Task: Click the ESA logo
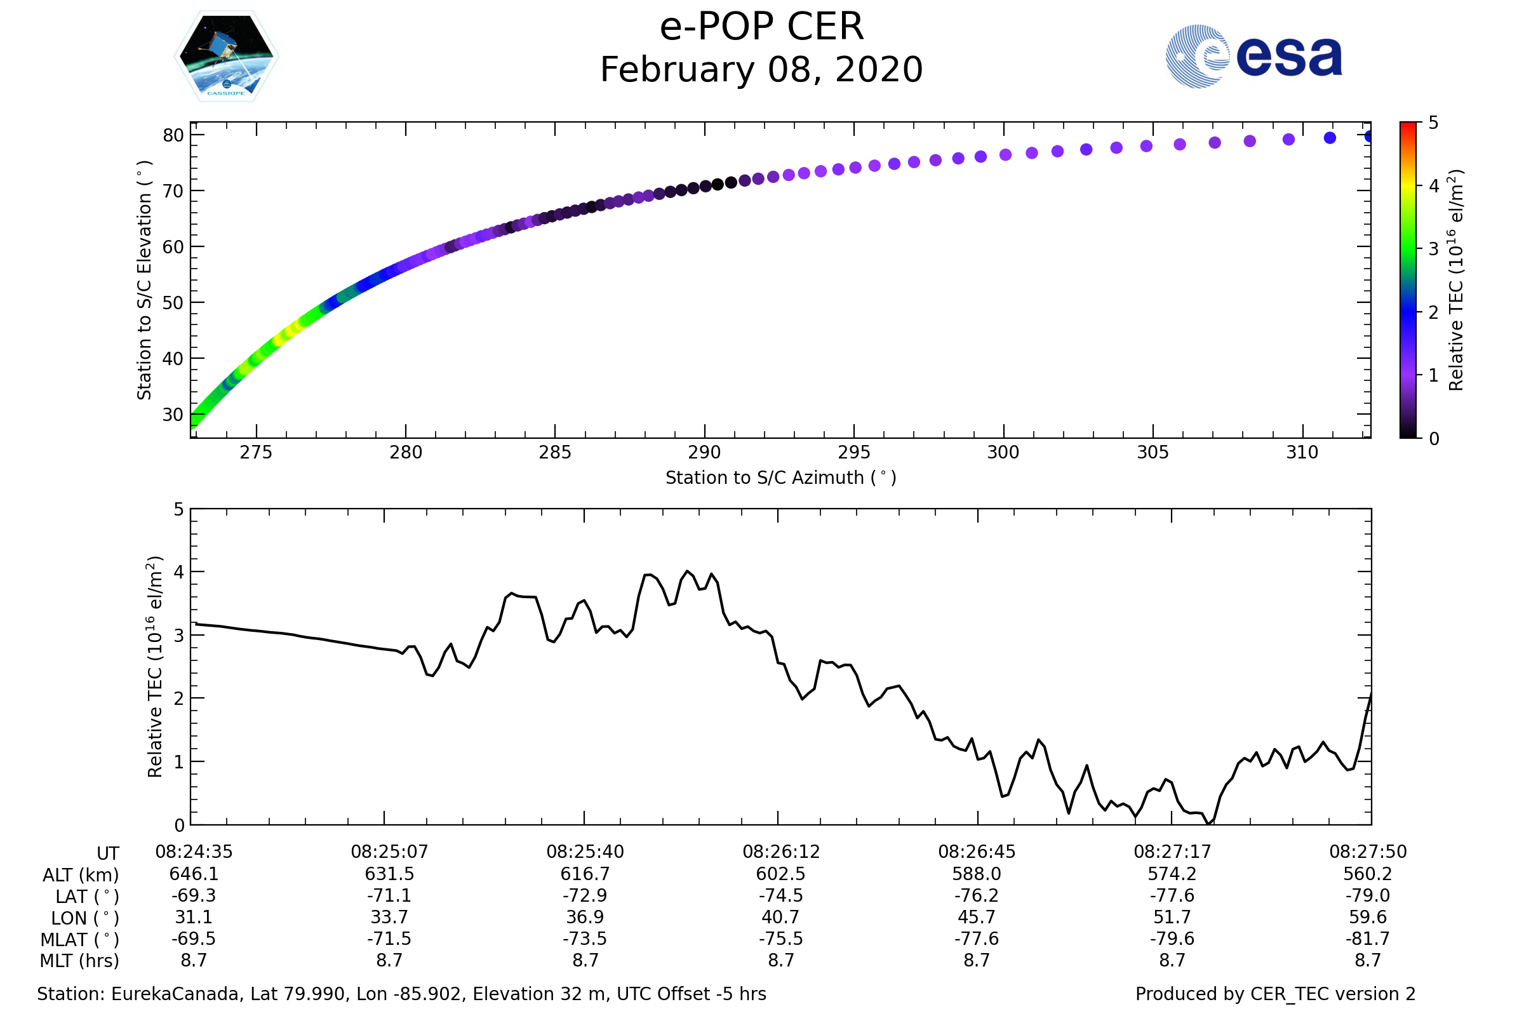coord(1253,57)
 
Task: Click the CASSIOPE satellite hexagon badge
coord(226,57)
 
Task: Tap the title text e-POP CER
coord(761,27)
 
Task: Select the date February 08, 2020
coord(761,70)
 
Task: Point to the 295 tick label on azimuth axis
coord(853,452)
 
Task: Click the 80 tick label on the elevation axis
coord(173,135)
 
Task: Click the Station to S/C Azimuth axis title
coord(781,478)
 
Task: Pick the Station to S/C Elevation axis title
coord(144,280)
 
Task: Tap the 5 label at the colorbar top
coord(1433,123)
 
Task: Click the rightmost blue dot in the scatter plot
coord(1369,136)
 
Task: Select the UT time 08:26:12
coord(781,852)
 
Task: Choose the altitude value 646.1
coord(194,874)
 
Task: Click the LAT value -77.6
coord(1172,895)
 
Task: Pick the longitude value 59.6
coord(1367,917)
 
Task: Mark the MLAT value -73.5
coord(585,939)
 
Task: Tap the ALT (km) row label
coord(81,876)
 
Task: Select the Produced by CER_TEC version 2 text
coord(1275,994)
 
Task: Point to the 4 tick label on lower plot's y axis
coord(179,572)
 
